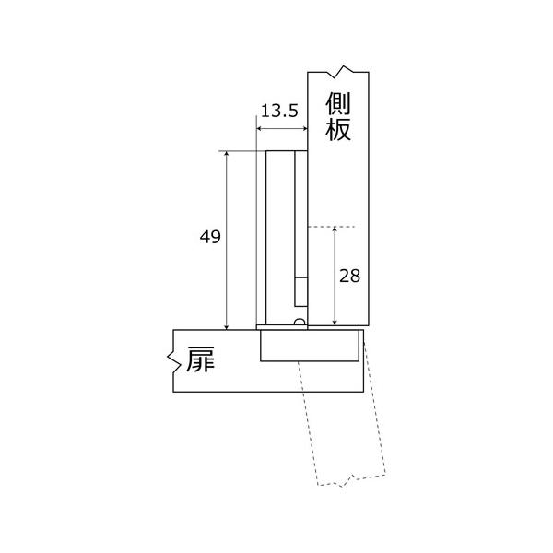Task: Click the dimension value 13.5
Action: tap(278, 112)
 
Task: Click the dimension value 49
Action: tap(209, 237)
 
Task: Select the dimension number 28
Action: tap(349, 276)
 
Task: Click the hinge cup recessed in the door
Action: tap(308, 347)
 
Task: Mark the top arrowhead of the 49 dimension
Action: tap(226, 155)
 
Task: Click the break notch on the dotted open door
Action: tap(352, 479)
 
